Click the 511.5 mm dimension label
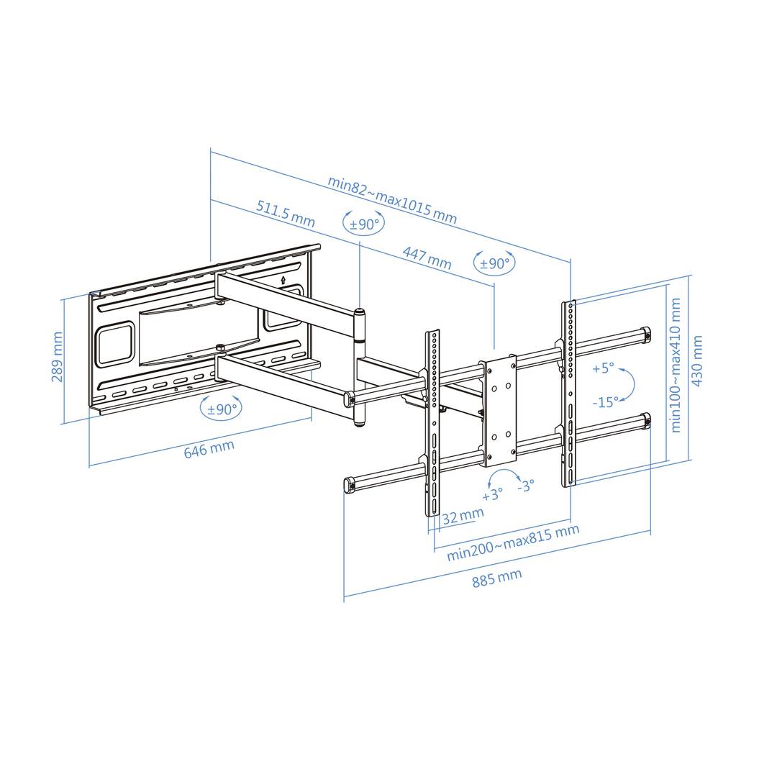click(286, 214)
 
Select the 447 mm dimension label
click(427, 258)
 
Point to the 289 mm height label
click(58, 357)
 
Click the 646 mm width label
click(209, 450)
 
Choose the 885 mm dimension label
click(497, 578)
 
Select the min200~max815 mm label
click(513, 542)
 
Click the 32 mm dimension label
click(463, 517)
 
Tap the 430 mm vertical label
click(696, 360)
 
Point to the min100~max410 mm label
click(675, 365)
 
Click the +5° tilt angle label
click(603, 368)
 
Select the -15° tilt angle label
click(605, 402)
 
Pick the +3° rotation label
click(492, 495)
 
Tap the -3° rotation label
click(526, 486)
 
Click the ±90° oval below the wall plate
click(222, 409)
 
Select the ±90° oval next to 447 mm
click(494, 263)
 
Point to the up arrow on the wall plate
click(283, 280)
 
